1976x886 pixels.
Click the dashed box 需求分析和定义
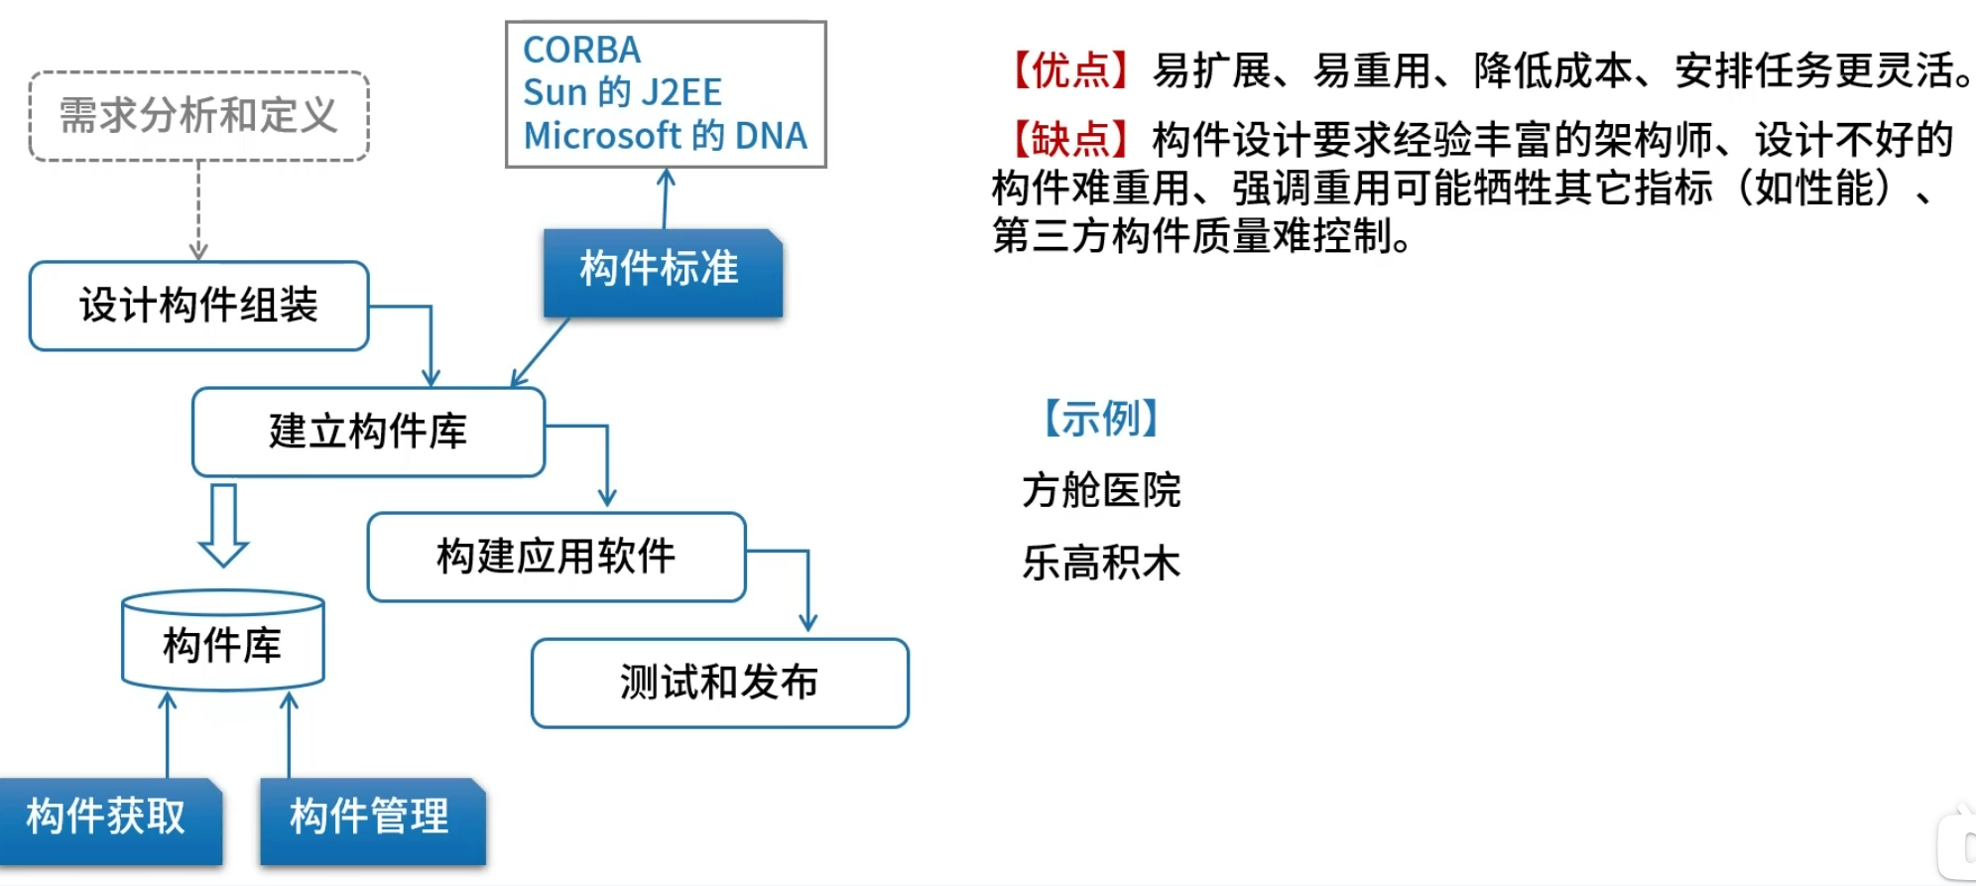[198, 116]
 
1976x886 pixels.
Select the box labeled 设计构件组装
[198, 306]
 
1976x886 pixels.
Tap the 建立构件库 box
[368, 432]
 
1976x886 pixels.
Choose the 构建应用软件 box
[556, 557]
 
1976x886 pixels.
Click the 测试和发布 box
[719, 683]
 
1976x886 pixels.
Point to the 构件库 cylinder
[222, 644]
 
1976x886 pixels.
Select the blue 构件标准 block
[662, 271]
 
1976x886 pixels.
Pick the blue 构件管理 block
[371, 819]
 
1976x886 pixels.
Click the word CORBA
[581, 50]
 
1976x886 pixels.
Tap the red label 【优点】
[1070, 71]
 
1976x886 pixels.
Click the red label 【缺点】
[1070, 140]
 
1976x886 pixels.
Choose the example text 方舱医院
[1101, 490]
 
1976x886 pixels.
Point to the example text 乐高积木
[1101, 563]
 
